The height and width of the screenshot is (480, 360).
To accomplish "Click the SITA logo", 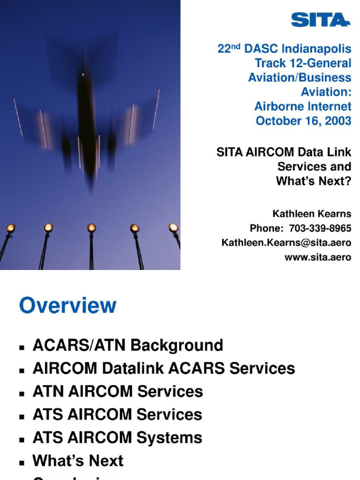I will tap(320, 20).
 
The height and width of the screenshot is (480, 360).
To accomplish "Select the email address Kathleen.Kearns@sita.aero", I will tap(286, 243).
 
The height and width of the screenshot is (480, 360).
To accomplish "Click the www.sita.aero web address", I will tap(318, 257).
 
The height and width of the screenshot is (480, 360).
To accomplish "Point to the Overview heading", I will tap(67, 306).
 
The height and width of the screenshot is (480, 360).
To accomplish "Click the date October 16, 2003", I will tap(303, 120).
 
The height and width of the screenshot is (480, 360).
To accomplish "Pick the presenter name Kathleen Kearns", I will tap(312, 214).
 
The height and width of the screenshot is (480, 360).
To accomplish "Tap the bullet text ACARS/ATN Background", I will tap(127, 345).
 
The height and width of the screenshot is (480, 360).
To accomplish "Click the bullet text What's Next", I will tap(78, 461).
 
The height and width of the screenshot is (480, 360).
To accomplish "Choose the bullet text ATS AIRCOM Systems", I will tap(117, 438).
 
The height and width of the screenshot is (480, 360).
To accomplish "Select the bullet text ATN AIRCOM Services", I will tap(118, 391).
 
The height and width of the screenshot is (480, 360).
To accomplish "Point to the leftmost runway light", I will tap(10, 228).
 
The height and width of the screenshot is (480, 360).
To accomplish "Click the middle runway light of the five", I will tap(91, 228).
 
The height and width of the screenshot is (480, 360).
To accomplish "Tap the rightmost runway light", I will tap(173, 228).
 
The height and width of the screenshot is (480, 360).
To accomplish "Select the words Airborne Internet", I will tap(303, 106).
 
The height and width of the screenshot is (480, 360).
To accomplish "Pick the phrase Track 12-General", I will tap(303, 63).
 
